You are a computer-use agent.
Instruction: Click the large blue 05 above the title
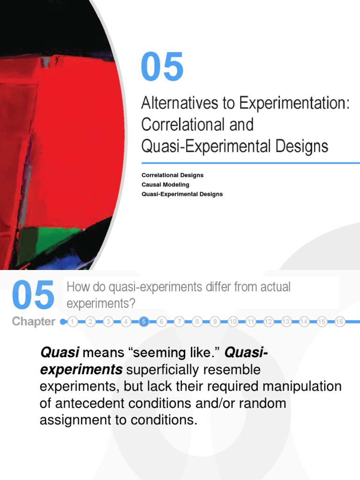click(162, 67)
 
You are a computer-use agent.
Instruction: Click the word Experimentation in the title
click(294, 103)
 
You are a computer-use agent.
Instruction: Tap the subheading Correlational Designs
click(172, 175)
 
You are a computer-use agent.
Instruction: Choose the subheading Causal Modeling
click(165, 185)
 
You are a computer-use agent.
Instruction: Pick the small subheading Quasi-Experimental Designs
click(182, 194)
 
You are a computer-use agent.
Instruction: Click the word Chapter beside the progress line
click(33, 322)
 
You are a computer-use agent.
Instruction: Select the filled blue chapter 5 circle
click(144, 322)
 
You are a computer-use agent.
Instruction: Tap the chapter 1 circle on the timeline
click(73, 322)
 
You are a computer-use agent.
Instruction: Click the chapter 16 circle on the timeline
click(340, 322)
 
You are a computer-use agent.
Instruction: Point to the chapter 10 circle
click(233, 322)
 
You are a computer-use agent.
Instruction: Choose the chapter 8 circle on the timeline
click(197, 322)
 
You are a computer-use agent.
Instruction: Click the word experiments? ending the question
click(101, 303)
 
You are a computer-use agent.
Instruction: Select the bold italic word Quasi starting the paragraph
click(60, 352)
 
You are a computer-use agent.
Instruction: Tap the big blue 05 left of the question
click(33, 296)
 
